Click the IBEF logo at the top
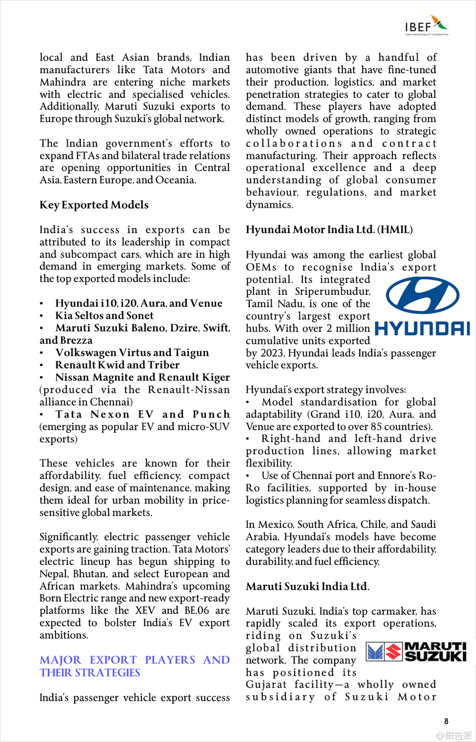coord(426,25)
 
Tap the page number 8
coord(446,721)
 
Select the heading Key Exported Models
coord(94,205)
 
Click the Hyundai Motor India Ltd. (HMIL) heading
coord(329,230)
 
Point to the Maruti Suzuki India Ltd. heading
coord(307,586)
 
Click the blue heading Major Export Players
coord(135,666)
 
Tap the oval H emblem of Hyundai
coord(423,296)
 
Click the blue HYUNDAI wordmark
coord(422,328)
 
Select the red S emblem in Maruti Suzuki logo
coord(394,652)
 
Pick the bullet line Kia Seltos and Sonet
coord(104,316)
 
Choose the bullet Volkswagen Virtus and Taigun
coord(132,353)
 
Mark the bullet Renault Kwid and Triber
coord(117,365)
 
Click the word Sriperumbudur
coord(332,291)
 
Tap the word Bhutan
coord(89,574)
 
